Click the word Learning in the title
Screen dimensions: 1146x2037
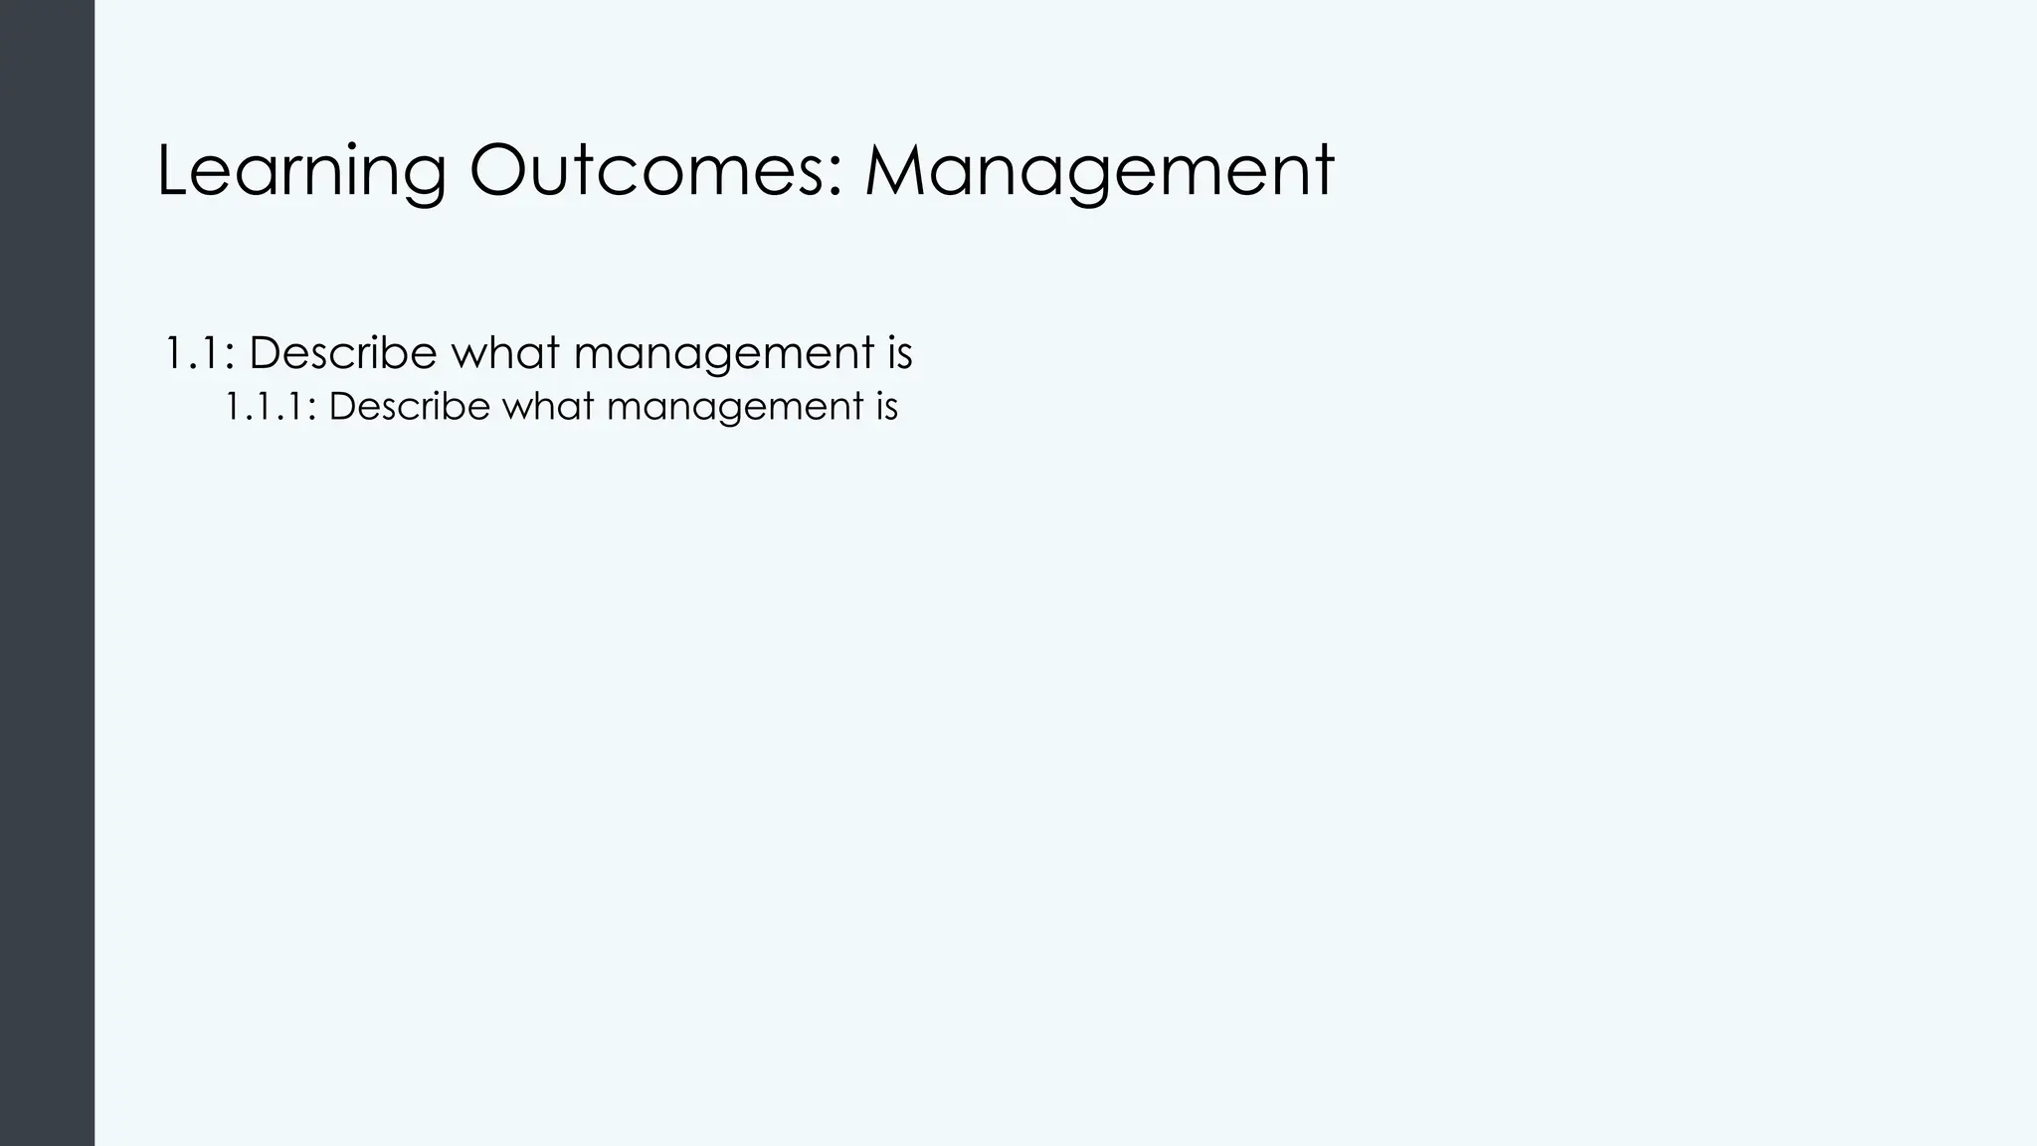301,171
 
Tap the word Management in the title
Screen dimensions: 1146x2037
1098,171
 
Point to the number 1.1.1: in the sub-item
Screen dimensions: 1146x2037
270,406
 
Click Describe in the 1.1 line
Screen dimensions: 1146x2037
342,353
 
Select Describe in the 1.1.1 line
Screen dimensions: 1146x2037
409,406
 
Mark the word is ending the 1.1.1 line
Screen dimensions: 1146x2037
882,406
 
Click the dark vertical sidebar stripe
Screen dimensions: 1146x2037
47,573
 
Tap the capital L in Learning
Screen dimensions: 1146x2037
174,171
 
